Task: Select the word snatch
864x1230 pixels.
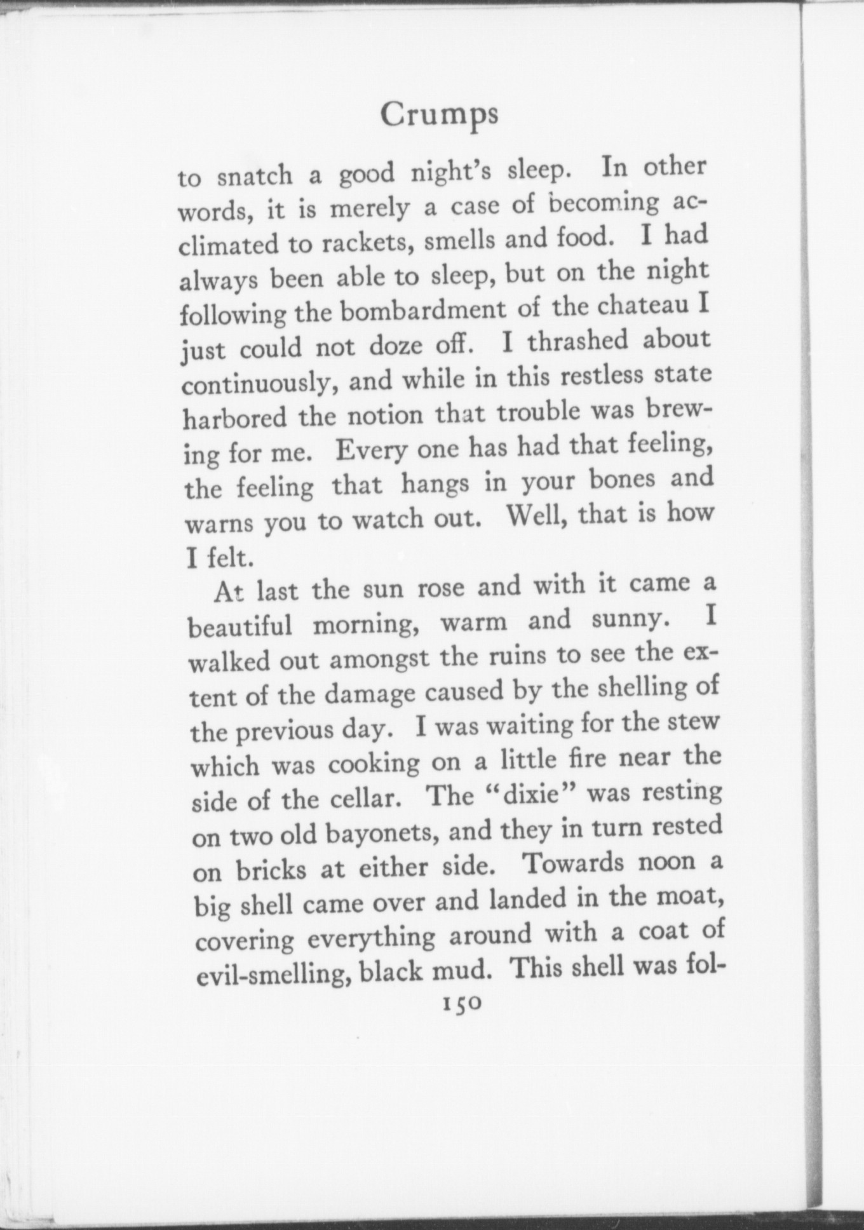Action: click(254, 175)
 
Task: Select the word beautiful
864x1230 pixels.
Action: click(241, 627)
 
